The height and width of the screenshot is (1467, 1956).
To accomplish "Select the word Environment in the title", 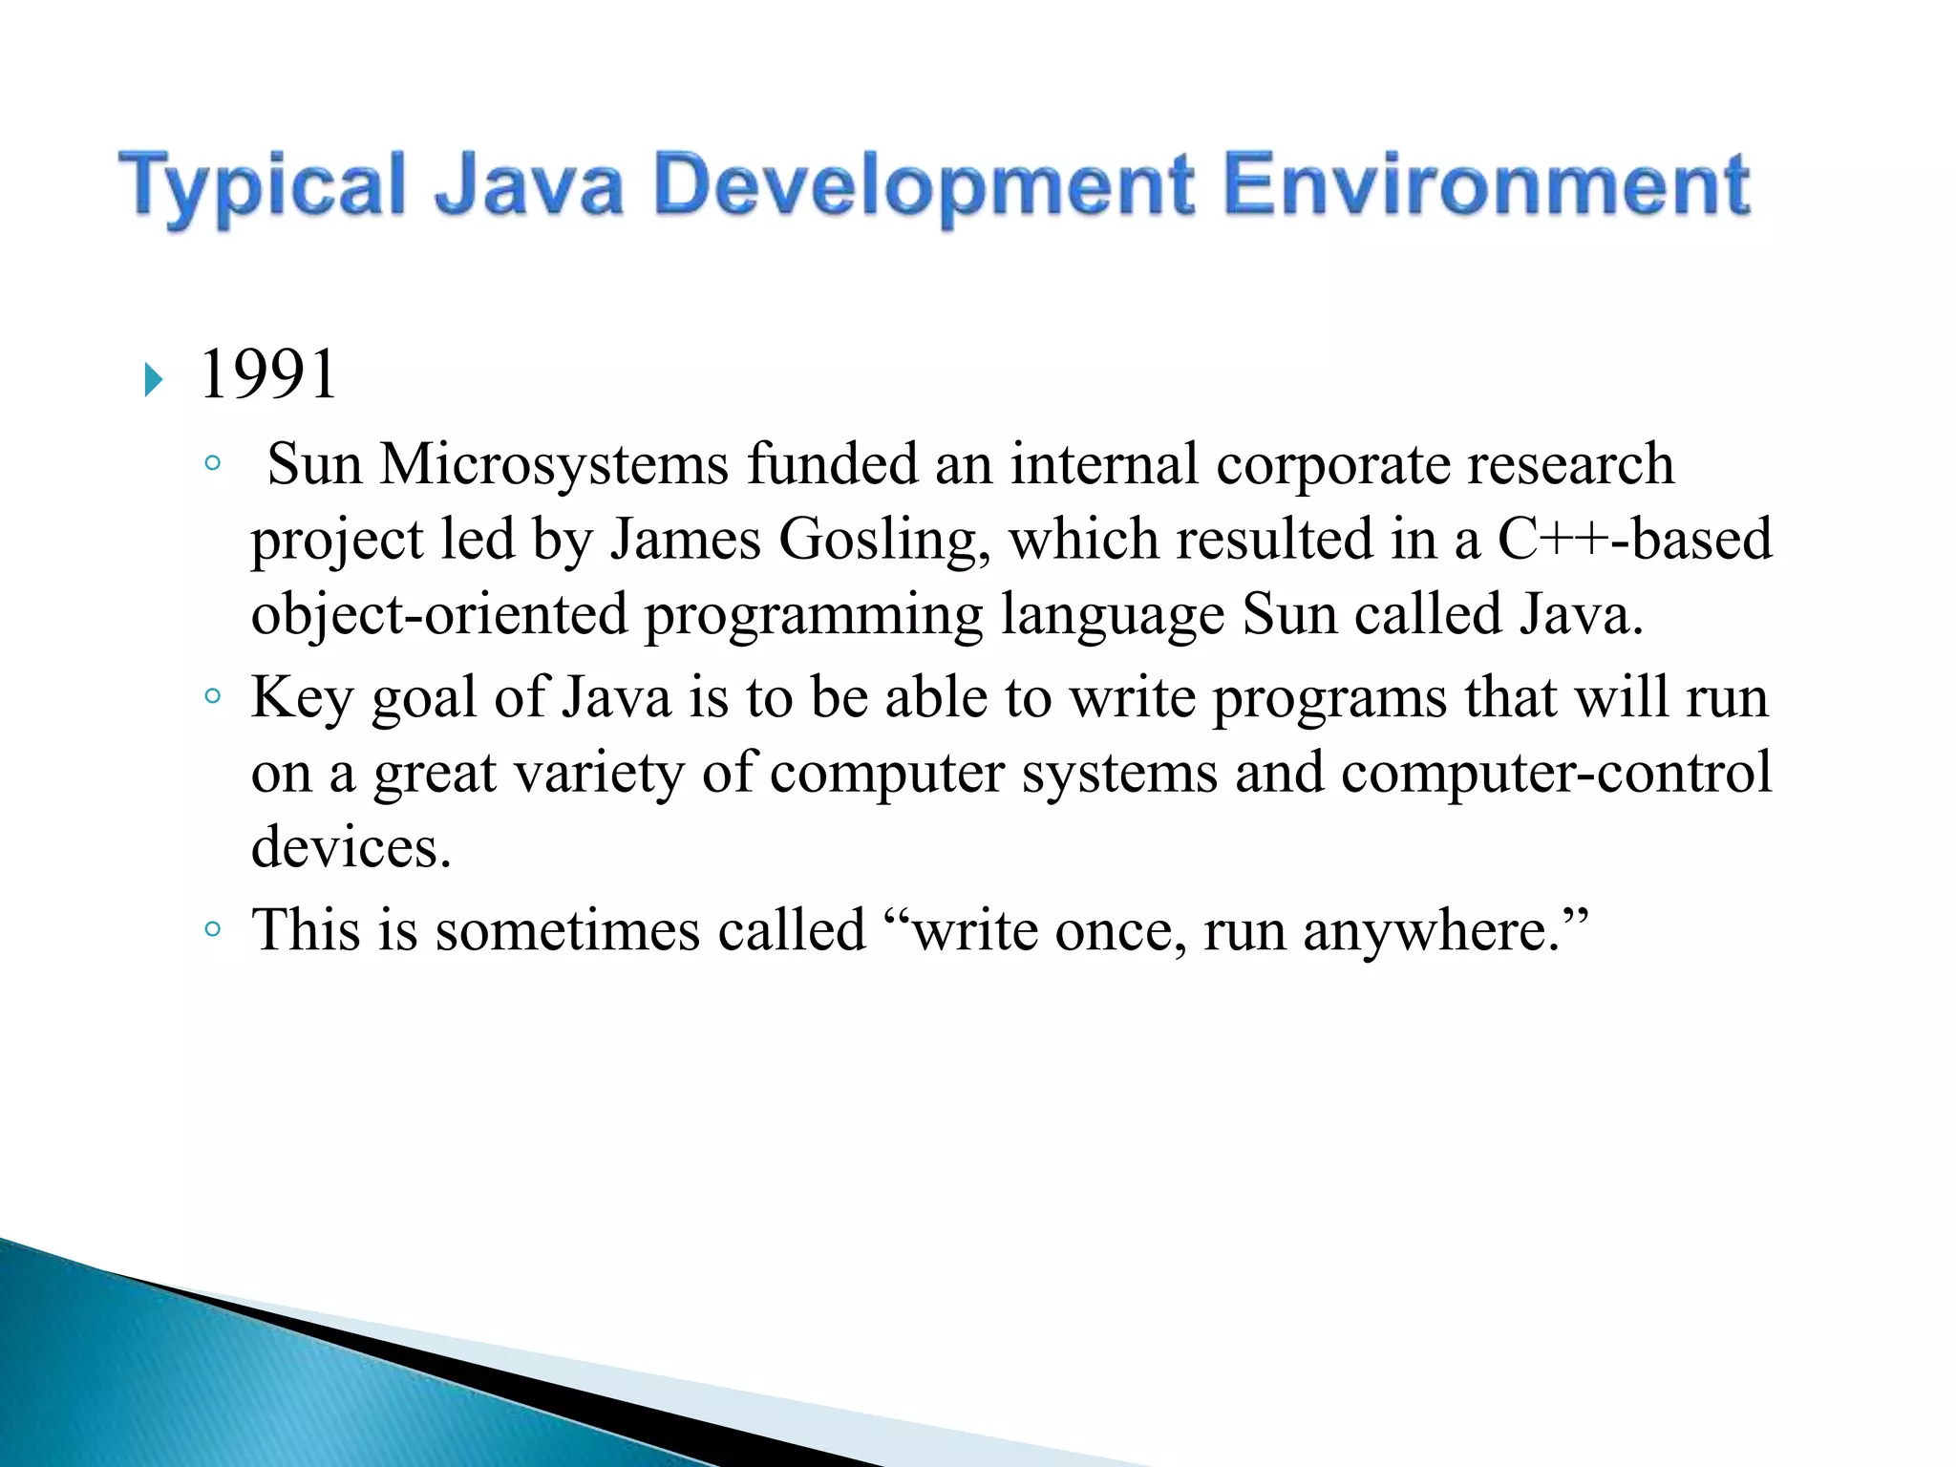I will point(1486,185).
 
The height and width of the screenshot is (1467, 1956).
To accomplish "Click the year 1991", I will point(268,374).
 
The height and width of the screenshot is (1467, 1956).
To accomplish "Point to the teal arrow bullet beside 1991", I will point(154,380).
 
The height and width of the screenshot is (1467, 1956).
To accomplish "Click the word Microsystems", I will point(554,465).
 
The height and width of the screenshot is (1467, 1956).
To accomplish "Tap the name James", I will point(686,539).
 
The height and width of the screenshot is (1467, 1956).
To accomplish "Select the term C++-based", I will point(1634,539).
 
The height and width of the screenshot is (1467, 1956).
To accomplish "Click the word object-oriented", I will point(439,614).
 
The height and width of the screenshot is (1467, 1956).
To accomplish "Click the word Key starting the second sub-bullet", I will point(302,698).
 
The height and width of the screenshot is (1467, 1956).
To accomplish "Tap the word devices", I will point(350,847).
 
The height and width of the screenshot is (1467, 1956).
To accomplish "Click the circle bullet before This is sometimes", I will point(213,929).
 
